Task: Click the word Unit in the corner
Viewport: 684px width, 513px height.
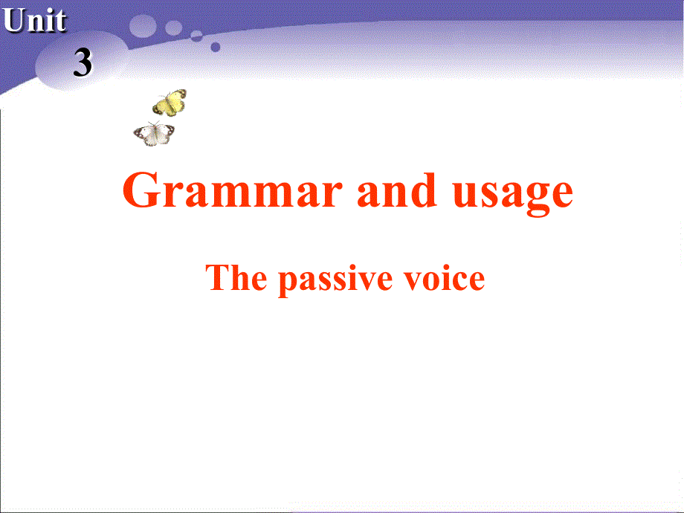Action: [34, 21]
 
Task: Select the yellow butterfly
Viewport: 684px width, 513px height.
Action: [170, 103]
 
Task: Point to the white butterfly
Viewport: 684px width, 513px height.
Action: [154, 134]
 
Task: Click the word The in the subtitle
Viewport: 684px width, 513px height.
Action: [236, 278]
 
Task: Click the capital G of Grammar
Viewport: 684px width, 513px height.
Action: [141, 191]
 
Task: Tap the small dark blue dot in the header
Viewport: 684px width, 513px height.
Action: [216, 47]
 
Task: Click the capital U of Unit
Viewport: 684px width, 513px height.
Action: [13, 21]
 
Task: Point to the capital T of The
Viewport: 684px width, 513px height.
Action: [217, 277]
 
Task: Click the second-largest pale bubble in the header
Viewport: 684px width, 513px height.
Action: [173, 28]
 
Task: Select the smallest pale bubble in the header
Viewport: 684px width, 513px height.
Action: [197, 34]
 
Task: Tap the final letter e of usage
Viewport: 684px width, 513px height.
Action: [561, 195]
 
